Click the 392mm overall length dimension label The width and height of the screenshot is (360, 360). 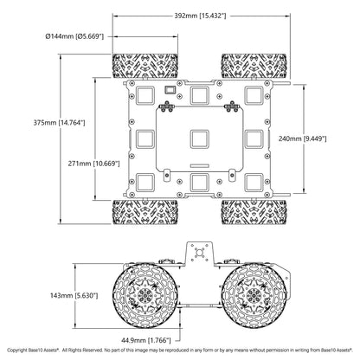[x=200, y=16]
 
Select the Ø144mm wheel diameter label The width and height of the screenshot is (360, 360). [x=74, y=36]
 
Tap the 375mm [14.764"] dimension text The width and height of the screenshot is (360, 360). [x=59, y=123]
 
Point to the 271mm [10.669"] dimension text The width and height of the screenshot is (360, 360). [x=93, y=164]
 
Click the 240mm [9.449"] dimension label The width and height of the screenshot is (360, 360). [x=302, y=138]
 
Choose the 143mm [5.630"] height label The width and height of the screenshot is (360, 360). [x=74, y=296]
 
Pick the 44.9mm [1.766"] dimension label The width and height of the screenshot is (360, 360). [x=146, y=341]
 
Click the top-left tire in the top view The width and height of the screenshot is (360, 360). [x=145, y=66]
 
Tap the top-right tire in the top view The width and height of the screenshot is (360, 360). [x=254, y=66]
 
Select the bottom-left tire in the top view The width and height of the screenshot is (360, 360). [x=145, y=212]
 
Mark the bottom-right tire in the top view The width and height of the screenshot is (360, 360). [x=254, y=212]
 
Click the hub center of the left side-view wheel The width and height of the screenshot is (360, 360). [x=145, y=296]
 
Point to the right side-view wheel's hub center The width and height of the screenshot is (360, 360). [x=254, y=296]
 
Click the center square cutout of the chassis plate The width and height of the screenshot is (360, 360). [x=199, y=139]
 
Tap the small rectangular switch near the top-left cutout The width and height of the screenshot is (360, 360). [x=170, y=90]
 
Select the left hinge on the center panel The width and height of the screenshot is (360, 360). [x=167, y=106]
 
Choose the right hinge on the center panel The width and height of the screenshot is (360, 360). [x=231, y=106]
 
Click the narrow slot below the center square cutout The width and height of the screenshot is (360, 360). [x=199, y=165]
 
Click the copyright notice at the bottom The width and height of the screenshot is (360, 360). [x=180, y=350]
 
